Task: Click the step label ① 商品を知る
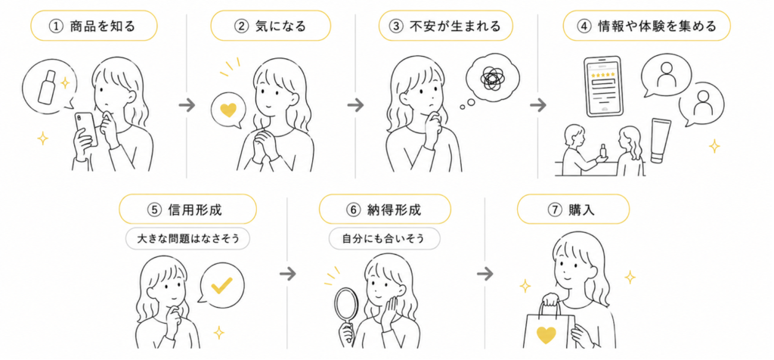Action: pyautogui.click(x=94, y=26)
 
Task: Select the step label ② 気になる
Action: pyautogui.click(x=271, y=26)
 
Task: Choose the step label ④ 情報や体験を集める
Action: pyautogui.click(x=647, y=26)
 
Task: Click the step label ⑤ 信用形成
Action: pyautogui.click(x=187, y=209)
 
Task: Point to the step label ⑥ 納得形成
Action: pyautogui.click(x=385, y=209)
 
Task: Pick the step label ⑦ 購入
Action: pyautogui.click(x=573, y=209)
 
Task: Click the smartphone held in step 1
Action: pyautogui.click(x=86, y=129)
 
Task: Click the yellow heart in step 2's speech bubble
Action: pyautogui.click(x=228, y=110)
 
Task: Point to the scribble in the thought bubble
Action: pyautogui.click(x=491, y=77)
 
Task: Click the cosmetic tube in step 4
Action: pyautogui.click(x=661, y=140)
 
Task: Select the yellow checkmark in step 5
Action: pyautogui.click(x=221, y=285)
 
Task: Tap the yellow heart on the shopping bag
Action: pyautogui.click(x=546, y=334)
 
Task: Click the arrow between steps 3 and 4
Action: pyautogui.click(x=538, y=105)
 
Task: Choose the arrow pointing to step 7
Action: pyautogui.click(x=485, y=273)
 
